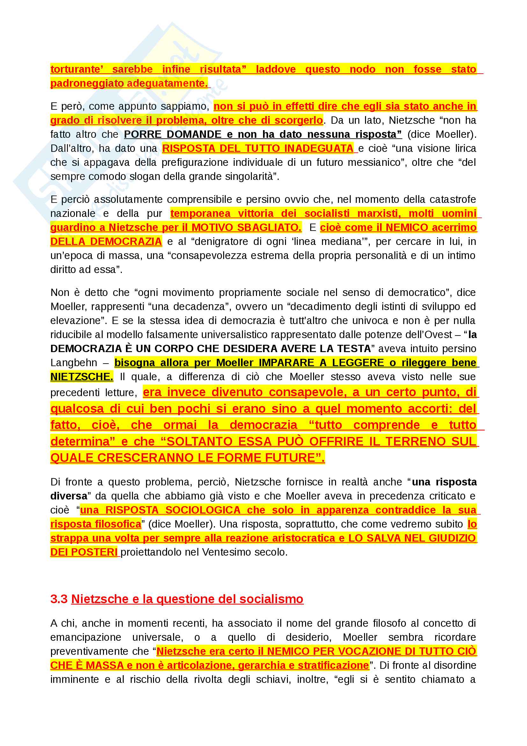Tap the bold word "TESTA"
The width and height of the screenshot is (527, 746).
[x=354, y=349]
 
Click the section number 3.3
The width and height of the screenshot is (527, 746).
[x=59, y=599]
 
